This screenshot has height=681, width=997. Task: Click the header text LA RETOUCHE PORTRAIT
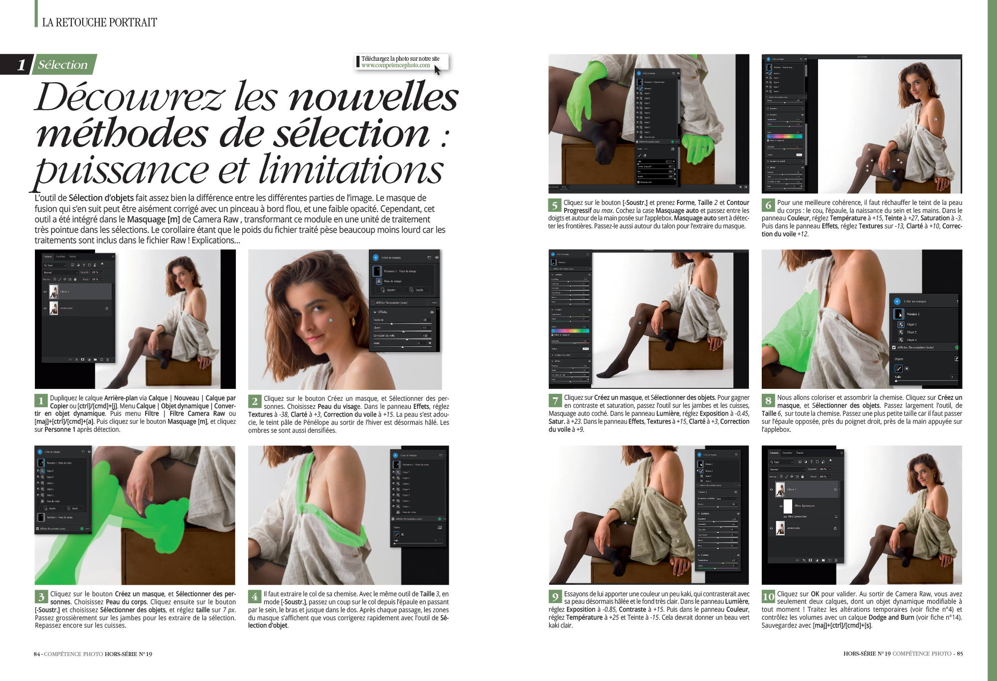(99, 22)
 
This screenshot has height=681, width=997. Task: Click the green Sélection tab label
(63, 65)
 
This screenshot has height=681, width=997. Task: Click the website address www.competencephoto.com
(395, 65)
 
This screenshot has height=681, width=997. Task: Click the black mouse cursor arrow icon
(437, 70)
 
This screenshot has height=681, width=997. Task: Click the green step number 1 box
(41, 401)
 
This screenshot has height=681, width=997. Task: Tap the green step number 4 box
(254, 597)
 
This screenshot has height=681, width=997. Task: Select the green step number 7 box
(555, 401)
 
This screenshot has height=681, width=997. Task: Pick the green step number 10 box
(768, 597)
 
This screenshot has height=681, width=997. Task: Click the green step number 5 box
(555, 205)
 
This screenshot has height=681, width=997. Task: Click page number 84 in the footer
(37, 654)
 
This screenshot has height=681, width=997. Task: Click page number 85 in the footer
(960, 654)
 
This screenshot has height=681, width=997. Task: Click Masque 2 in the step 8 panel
(913, 314)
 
